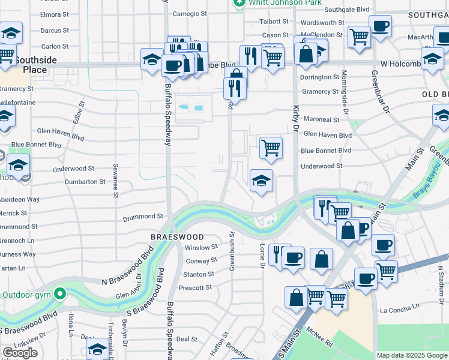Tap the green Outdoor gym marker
click(x=59, y=294)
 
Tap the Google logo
click(x=19, y=353)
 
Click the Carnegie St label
click(x=190, y=13)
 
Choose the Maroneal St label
click(x=321, y=119)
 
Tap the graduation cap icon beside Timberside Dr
click(x=98, y=350)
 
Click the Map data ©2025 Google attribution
click(x=411, y=355)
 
